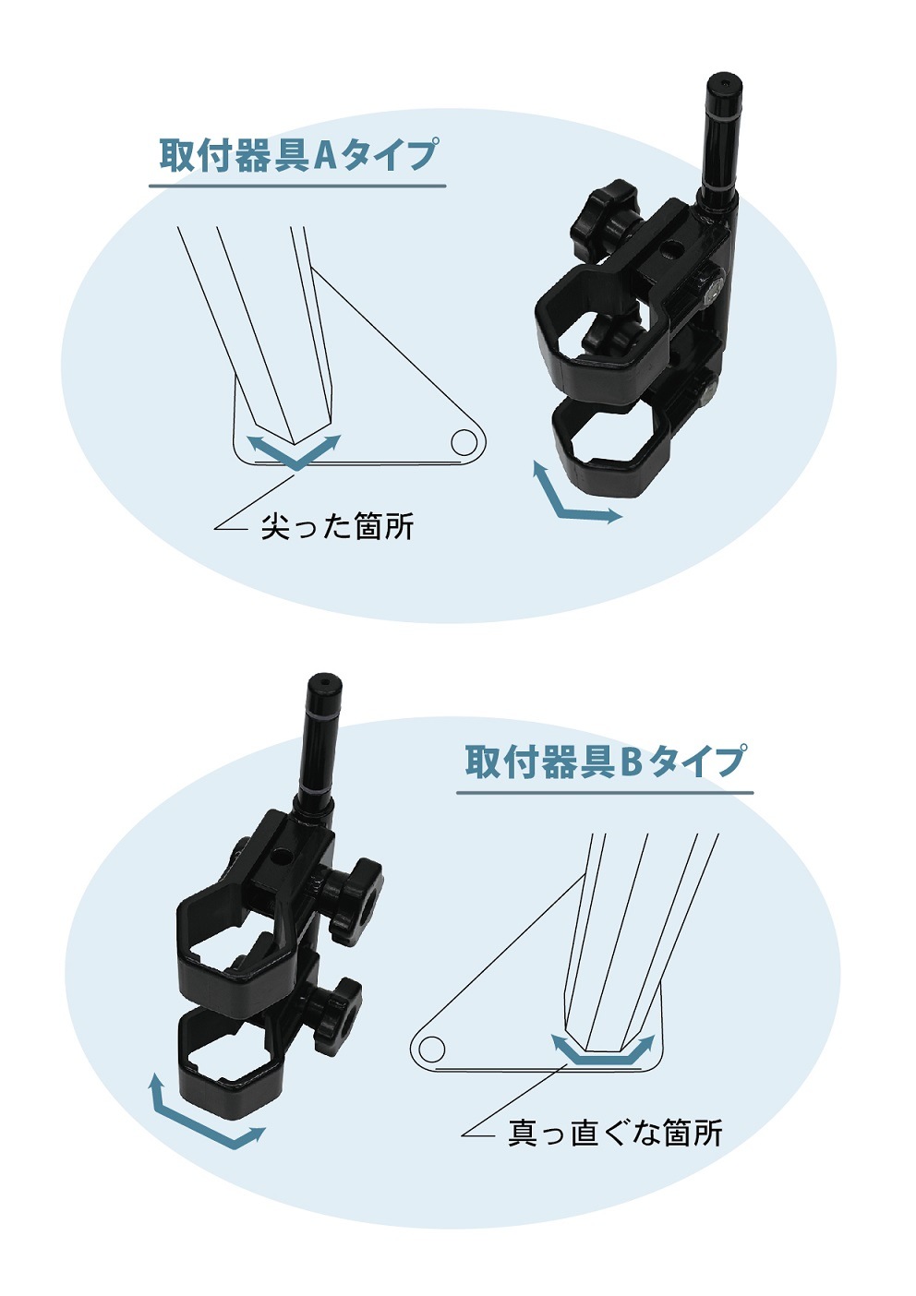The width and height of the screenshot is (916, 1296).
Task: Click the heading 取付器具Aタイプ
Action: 298,154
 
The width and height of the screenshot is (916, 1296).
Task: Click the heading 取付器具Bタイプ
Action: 604,761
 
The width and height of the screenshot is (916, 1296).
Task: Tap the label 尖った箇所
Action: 337,526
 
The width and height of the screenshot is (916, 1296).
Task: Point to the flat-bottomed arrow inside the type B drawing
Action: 604,1057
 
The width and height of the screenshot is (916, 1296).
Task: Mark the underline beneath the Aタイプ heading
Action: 297,186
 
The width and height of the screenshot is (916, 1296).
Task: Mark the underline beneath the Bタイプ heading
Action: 605,792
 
